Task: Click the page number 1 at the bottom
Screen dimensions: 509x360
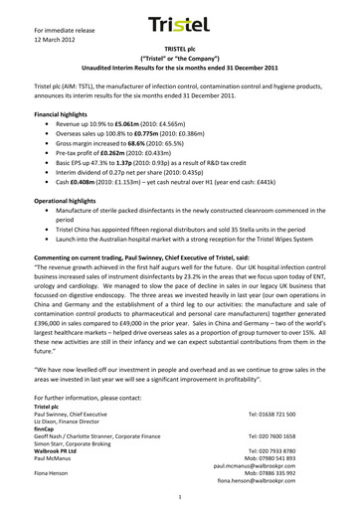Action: pos(179,495)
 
